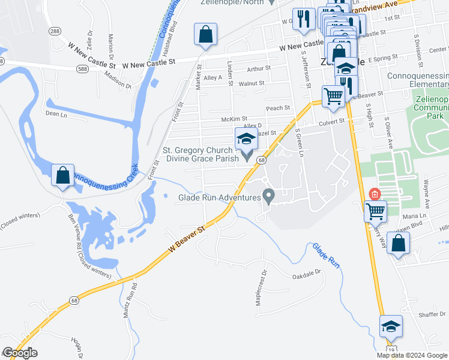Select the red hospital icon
375,194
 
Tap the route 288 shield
55,31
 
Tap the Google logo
20,353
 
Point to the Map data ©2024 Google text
412,355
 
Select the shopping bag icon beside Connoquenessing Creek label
63,176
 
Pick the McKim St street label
234,119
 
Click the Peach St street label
278,108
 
